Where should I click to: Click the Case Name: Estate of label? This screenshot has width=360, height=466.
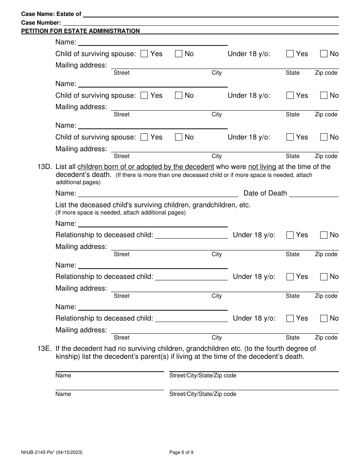tap(51, 14)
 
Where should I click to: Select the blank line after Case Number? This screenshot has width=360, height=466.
tap(201, 24)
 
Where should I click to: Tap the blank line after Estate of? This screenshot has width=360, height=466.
tap(211, 16)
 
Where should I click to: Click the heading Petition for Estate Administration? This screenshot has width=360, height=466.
tap(80, 31)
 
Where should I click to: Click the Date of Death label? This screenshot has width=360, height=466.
tap(265, 193)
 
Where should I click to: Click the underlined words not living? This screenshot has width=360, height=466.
tap(262, 167)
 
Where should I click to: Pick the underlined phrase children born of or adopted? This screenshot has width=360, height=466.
tap(146, 167)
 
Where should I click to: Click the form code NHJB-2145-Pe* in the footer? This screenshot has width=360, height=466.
tap(39, 452)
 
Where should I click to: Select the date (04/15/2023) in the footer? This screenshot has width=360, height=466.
tap(70, 452)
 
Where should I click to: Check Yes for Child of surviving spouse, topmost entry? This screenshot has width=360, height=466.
tap(144, 54)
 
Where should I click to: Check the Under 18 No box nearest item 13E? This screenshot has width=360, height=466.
tap(324, 319)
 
